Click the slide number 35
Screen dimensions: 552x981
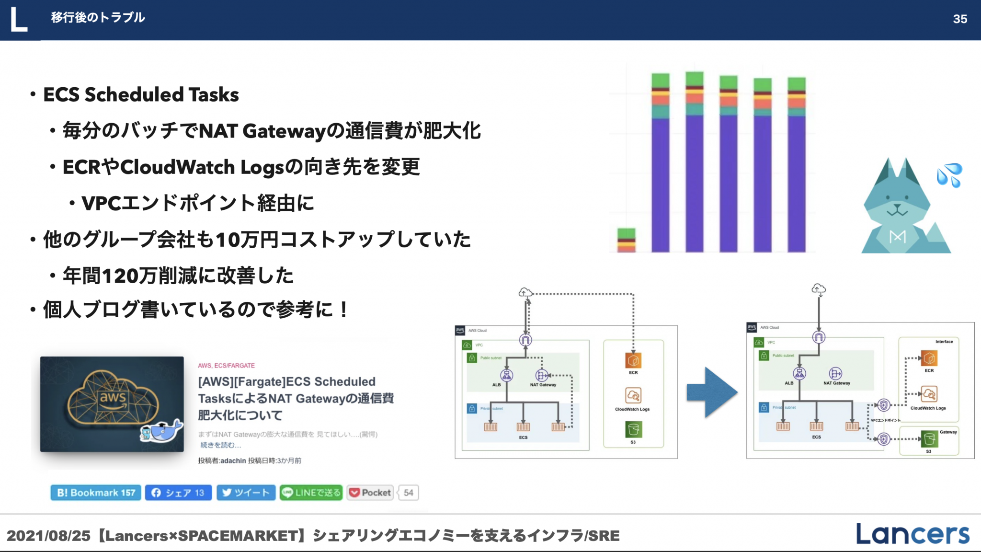point(959,19)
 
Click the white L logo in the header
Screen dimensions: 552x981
point(19,20)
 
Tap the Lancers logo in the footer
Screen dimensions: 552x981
point(913,534)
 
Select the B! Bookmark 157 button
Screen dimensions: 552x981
point(96,493)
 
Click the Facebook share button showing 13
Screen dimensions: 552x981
point(178,493)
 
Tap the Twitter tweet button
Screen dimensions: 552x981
point(246,493)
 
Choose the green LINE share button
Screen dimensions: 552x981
point(311,493)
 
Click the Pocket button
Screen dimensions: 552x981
point(370,493)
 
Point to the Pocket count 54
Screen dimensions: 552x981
point(409,493)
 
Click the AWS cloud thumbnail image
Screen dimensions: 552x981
point(112,404)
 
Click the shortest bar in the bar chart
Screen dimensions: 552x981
point(626,240)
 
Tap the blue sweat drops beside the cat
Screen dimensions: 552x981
point(949,175)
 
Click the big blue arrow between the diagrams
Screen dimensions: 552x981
point(711,392)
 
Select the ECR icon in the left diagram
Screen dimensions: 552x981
point(633,360)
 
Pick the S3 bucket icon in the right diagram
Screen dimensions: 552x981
point(929,438)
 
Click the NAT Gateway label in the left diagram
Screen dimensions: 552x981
point(543,385)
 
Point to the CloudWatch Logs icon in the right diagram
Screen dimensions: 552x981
point(929,394)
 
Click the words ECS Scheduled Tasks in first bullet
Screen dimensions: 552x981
point(141,94)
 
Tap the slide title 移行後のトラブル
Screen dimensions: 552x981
point(98,18)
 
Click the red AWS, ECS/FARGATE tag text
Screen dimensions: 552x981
point(226,366)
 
